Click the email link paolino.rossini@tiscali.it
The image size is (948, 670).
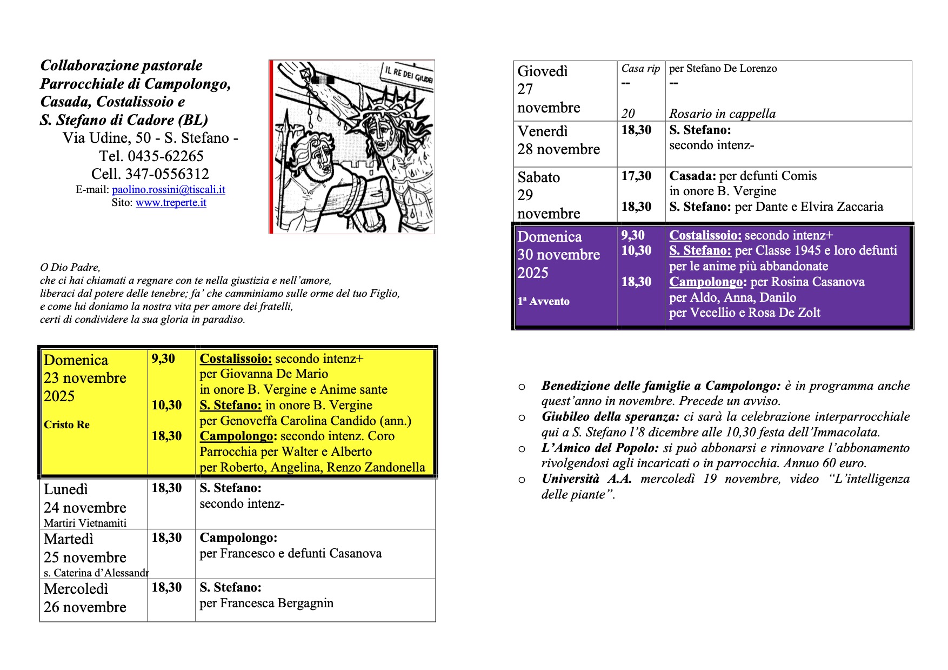(168, 190)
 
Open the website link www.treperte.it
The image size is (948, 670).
(171, 203)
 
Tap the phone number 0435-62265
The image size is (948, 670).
(165, 156)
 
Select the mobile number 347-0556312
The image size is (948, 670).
(167, 174)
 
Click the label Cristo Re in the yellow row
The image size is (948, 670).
(66, 425)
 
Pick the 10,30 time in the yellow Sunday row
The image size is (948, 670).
(166, 405)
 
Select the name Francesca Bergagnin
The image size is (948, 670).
(277, 603)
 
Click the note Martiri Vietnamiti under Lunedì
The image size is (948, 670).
(85, 523)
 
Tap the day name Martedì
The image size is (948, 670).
(68, 539)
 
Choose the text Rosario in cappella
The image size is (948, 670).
(722, 114)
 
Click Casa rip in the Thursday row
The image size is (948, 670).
(640, 69)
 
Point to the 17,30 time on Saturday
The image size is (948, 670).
(636, 176)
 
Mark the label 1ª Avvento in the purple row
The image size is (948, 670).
(543, 302)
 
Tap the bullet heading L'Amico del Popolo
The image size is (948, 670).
(600, 448)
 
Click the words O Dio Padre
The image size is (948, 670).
(70, 267)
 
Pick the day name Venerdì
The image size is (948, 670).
(542, 131)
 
